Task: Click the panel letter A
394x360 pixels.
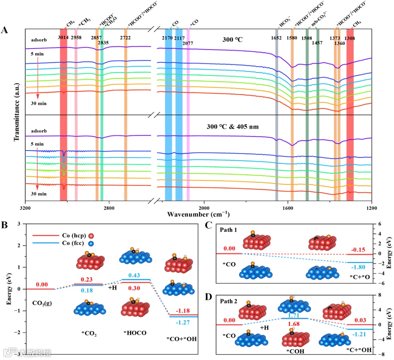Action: click(x=5, y=30)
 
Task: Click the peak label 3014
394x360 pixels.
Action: click(x=63, y=38)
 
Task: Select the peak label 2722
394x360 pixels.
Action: click(x=126, y=38)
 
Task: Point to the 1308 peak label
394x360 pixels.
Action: click(x=349, y=38)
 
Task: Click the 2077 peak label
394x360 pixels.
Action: click(x=188, y=43)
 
